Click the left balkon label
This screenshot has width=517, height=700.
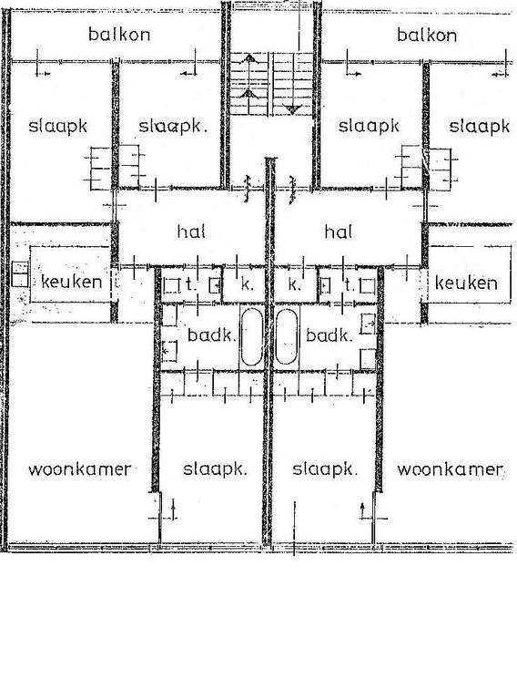tap(119, 35)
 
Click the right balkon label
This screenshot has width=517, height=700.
tap(427, 36)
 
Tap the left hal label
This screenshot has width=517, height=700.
tap(191, 232)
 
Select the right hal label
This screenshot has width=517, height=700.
tap(339, 232)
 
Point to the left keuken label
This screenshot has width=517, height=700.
tap(71, 282)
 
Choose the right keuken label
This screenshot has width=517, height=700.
tap(466, 283)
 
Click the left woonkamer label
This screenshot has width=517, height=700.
tap(79, 469)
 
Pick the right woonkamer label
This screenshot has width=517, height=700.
tap(451, 469)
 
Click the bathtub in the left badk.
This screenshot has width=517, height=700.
tap(251, 336)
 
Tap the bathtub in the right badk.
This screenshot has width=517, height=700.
tap(287, 336)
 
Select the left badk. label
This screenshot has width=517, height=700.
tap(211, 335)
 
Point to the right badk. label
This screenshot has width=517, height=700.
tap(329, 335)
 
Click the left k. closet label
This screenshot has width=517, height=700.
tap(247, 284)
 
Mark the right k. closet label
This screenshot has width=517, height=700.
tap(294, 284)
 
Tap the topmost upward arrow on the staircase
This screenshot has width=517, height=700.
tap(249, 57)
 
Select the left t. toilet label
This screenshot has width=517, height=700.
tap(190, 284)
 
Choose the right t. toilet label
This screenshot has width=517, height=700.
tap(350, 284)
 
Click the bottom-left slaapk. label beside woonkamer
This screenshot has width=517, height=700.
tap(215, 469)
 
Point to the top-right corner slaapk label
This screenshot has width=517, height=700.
tap(479, 127)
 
